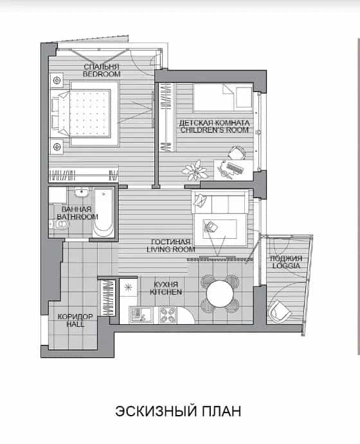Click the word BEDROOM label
[102, 74]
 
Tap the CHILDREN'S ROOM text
[215, 130]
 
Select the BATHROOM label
[77, 217]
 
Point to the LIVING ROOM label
[171, 249]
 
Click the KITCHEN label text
[166, 292]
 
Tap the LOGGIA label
[286, 266]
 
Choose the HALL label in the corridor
[75, 324]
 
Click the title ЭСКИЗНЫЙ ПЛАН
[178, 411]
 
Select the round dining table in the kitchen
[220, 293]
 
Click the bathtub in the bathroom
[104, 213]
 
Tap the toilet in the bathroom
[59, 225]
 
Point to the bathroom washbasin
[82, 192]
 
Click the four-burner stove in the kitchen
[167, 315]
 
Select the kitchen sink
[141, 315]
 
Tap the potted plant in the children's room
[195, 170]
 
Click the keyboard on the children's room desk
[235, 168]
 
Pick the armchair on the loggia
[280, 311]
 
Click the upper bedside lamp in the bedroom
[57, 80]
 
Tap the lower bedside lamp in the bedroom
[57, 147]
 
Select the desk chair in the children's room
[237, 153]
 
